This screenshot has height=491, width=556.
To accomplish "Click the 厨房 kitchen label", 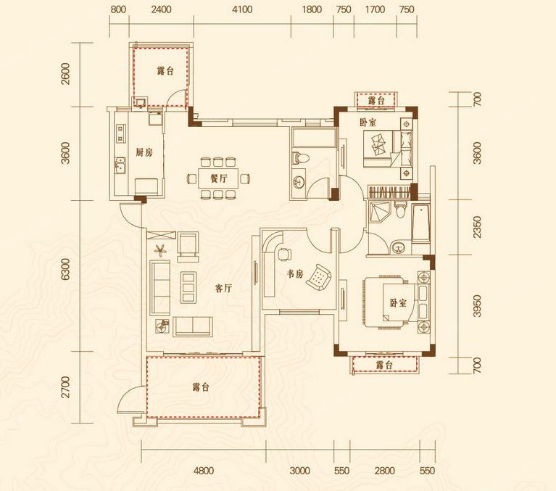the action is click(144, 152).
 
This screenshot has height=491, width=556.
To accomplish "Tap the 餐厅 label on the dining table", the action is click(218, 178).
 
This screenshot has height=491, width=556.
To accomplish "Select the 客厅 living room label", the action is click(224, 289).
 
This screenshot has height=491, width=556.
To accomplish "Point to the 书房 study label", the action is click(295, 274).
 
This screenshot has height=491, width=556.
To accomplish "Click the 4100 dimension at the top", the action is click(242, 9).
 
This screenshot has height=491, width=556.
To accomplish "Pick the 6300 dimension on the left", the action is click(65, 269).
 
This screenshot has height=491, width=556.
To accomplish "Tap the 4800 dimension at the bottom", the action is click(204, 471).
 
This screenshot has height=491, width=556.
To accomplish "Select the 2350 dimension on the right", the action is click(478, 228).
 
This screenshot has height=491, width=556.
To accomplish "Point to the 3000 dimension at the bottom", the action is click(300, 471).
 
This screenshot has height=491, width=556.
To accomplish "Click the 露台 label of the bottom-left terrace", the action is click(201, 387).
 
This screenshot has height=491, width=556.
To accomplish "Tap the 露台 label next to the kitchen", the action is click(165, 71).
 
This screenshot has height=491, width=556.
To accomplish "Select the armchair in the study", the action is click(318, 277).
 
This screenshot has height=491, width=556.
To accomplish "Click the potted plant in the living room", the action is click(160, 249).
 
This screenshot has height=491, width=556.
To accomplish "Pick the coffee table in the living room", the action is click(188, 287).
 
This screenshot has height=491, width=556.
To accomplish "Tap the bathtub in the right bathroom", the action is click(420, 223).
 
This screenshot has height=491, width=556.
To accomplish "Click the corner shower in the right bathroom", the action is click(378, 211).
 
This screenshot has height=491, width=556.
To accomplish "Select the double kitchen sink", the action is click(120, 165).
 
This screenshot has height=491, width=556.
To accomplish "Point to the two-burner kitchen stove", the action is click(121, 133).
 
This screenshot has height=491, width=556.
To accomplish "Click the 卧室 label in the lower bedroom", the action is click(398, 303).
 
